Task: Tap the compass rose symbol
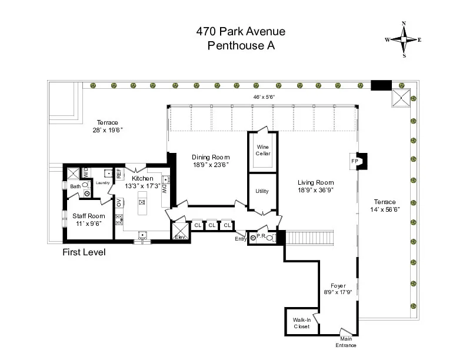(404, 39)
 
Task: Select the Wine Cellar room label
(262, 151)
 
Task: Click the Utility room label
(262, 191)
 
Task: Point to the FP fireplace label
(355, 161)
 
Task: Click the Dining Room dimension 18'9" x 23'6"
(211, 165)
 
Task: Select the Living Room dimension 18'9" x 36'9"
(316, 191)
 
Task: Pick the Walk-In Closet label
(302, 323)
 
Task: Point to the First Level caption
(84, 253)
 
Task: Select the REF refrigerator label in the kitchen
(118, 174)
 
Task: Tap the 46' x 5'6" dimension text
(264, 97)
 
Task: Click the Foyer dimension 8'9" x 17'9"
(338, 292)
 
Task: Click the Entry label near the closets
(241, 238)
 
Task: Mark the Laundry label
(103, 183)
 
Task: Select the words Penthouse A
(233, 46)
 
